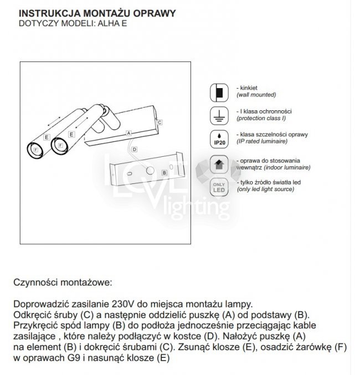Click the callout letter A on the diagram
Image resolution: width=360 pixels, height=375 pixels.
128,133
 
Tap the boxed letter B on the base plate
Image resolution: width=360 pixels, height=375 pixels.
164,172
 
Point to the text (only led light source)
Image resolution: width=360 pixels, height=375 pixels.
265,189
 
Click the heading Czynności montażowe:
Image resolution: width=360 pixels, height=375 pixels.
63,282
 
